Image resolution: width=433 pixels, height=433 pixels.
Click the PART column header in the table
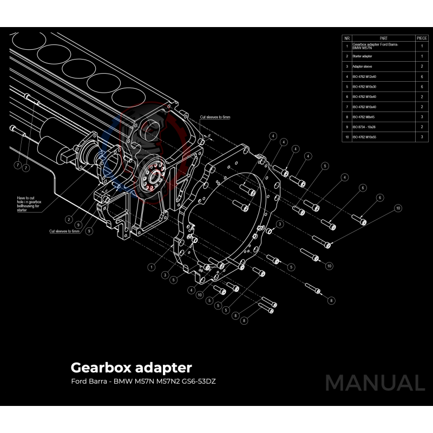383,38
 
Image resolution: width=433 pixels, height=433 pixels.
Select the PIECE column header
422,38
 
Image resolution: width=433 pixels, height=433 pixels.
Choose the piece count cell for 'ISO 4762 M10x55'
422,137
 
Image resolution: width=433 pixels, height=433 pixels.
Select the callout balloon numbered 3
280,224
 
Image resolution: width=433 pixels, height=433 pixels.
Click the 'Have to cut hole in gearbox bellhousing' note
29,204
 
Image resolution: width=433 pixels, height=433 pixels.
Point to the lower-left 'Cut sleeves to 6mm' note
64,231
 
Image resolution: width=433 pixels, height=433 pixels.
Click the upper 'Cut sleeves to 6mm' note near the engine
215,117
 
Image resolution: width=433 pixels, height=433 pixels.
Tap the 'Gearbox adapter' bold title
131,368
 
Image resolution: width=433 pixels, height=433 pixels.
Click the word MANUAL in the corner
375,383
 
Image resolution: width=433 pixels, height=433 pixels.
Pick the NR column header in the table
347,38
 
